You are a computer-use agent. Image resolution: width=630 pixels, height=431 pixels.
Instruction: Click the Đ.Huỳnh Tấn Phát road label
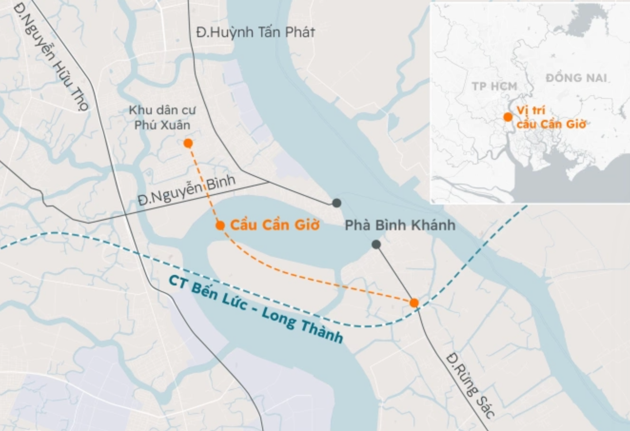coord(255,32)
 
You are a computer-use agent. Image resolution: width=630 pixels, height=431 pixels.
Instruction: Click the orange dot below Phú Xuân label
coord(188,143)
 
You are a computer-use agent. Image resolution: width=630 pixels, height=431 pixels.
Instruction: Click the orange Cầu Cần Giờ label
coord(275,225)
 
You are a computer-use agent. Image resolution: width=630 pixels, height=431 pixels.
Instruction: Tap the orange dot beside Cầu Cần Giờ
coord(220,225)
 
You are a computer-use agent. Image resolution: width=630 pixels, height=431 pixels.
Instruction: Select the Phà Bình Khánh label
coord(400,225)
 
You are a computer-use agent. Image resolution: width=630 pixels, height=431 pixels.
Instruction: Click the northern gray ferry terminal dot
coord(336,203)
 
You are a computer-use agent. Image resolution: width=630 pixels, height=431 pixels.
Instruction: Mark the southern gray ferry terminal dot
coord(376,245)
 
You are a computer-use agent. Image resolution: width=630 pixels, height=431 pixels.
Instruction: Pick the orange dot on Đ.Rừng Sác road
coord(414,303)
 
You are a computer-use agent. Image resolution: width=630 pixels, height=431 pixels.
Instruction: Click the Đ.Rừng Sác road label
coord(471,385)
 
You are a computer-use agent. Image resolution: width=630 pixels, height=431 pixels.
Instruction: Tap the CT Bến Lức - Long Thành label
coord(256,308)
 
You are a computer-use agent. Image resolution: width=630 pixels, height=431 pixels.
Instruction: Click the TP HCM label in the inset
coord(494,86)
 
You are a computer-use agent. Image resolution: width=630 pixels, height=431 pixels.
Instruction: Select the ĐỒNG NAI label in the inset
coord(576,78)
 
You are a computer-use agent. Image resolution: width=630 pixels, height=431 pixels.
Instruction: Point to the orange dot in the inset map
coord(508,117)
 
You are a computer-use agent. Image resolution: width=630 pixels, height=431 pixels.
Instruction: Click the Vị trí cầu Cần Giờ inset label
coord(551,118)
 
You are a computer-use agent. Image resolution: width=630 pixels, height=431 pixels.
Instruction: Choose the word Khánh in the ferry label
coord(433,225)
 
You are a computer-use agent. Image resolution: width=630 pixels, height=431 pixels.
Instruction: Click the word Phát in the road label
coord(300,32)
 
